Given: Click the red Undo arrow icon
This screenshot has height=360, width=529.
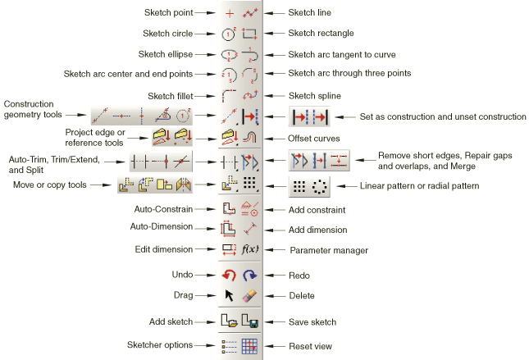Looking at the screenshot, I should pos(230,276).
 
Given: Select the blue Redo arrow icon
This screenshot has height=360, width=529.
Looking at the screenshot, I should pos(250,276).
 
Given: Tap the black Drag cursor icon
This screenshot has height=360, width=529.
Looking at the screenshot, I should pos(230,295).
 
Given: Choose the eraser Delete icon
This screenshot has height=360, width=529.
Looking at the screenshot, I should pos(250,295).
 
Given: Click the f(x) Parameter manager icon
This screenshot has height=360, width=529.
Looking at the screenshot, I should pos(250,249).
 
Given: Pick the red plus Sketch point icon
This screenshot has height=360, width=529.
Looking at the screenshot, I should pos(230,13).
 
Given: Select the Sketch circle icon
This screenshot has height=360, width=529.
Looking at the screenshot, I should pos(230,34).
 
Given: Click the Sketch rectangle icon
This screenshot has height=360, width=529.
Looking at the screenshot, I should pos(250,34).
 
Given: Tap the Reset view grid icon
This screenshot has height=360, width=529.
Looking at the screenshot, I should pos(250,346).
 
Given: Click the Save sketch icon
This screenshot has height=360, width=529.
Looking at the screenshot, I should pos(250,322).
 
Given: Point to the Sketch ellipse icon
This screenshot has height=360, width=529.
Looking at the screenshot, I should pos(230,54).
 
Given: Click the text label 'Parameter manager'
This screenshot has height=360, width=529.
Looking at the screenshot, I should pos(325,249).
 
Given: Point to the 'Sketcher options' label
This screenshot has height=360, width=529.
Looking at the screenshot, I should pos(159,346).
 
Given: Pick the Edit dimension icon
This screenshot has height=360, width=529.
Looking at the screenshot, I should pos(230,249).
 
